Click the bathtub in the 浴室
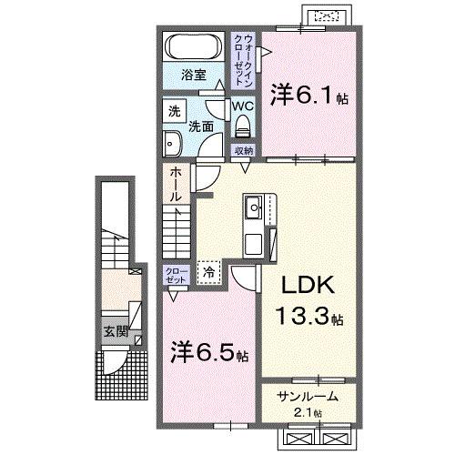click(x=192, y=46)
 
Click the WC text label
click(x=241, y=106)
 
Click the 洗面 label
click(x=201, y=128)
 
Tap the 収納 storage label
click(x=242, y=150)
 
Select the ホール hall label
click(x=174, y=185)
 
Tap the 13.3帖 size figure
click(x=309, y=318)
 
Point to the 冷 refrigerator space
click(x=208, y=270)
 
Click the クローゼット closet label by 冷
click(x=175, y=274)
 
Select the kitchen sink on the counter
click(x=253, y=208)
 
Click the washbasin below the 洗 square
click(x=173, y=141)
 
